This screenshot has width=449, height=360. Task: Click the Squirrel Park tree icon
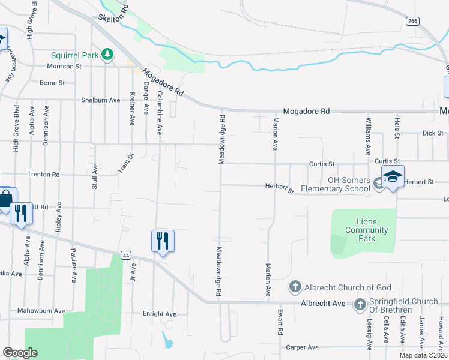[107, 55]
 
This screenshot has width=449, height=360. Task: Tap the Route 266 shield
[412, 21]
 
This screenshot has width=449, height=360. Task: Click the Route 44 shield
[125, 255]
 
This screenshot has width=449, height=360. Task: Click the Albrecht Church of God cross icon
[295, 287]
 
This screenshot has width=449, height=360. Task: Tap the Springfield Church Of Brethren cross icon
[360, 304]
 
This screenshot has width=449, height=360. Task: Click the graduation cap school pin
[393, 177]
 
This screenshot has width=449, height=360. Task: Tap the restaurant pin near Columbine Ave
[163, 241]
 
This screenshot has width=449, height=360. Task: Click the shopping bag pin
[5, 199]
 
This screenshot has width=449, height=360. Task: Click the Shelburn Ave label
[101, 100]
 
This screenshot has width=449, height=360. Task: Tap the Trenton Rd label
[43, 175]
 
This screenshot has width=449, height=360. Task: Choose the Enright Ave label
[159, 314]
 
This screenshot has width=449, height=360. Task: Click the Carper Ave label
[302, 347]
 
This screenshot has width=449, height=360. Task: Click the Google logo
[20, 353]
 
